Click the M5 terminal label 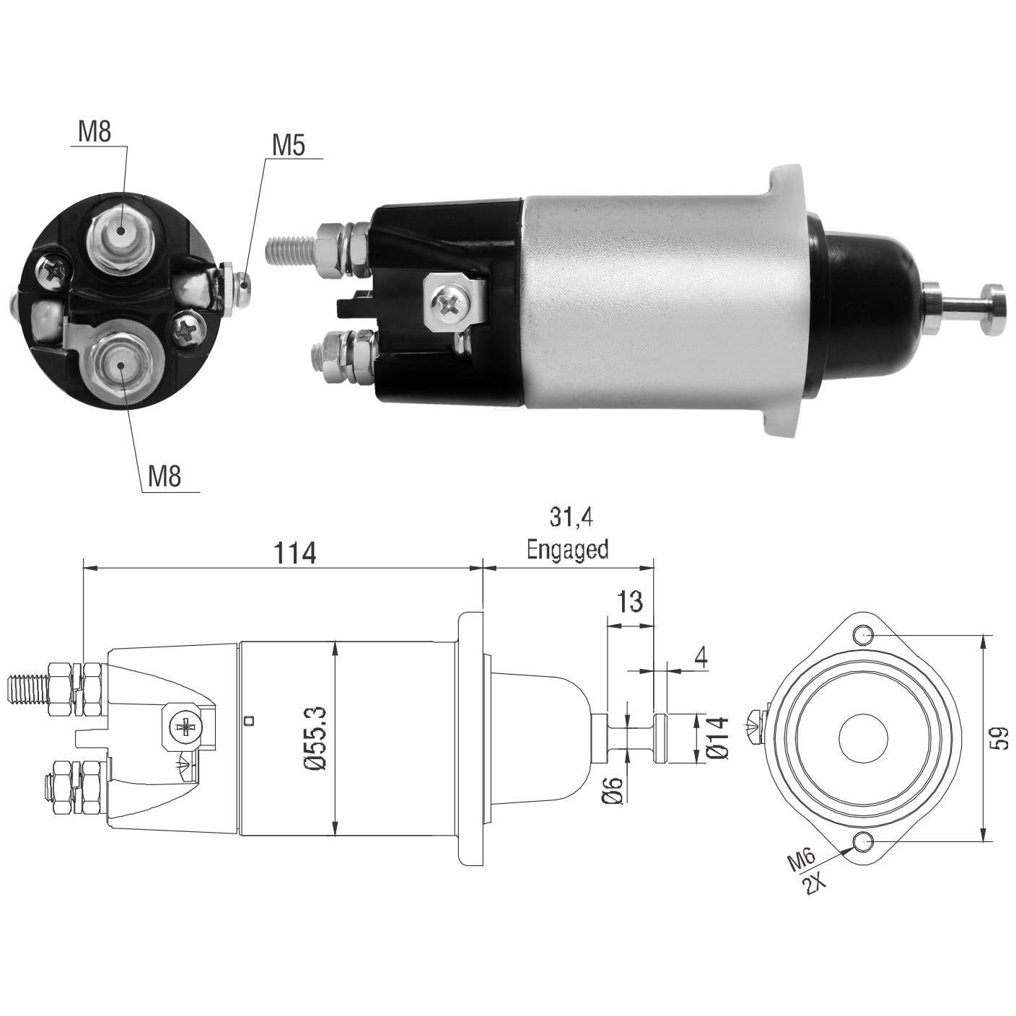[x=289, y=145]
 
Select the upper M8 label [x=95, y=131]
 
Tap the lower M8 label [x=164, y=477]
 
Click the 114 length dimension [x=294, y=553]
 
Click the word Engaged [x=568, y=549]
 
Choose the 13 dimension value [x=629, y=602]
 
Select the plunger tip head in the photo [x=991, y=309]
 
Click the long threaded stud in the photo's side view [x=291, y=250]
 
